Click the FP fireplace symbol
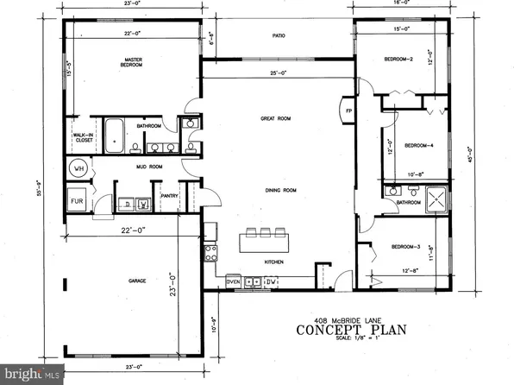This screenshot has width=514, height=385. click(x=348, y=111)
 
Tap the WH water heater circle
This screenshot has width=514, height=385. click(x=78, y=169)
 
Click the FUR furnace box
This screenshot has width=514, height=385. click(x=77, y=204)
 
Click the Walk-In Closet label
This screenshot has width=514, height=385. click(x=83, y=138)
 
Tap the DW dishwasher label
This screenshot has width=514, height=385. click(x=269, y=281)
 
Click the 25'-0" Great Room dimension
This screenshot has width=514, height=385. click(x=274, y=73)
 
